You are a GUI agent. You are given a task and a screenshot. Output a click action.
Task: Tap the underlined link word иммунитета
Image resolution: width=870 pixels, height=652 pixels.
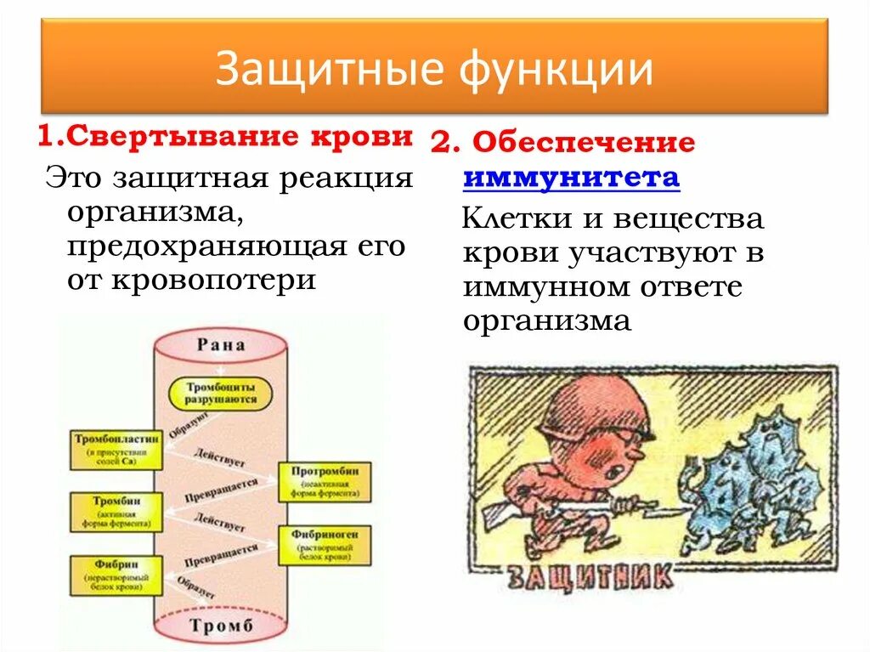571,178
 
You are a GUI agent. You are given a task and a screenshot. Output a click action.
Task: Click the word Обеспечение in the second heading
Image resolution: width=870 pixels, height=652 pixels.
584,144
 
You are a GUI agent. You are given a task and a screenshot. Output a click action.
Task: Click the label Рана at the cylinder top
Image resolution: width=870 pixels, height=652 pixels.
221,345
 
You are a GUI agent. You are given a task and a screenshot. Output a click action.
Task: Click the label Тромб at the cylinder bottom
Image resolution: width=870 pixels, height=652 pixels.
221,627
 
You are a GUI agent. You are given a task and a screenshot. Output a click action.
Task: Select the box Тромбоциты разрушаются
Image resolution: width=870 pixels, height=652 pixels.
221,392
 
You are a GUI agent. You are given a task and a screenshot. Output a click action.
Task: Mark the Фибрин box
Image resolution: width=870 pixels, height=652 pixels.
116,575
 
